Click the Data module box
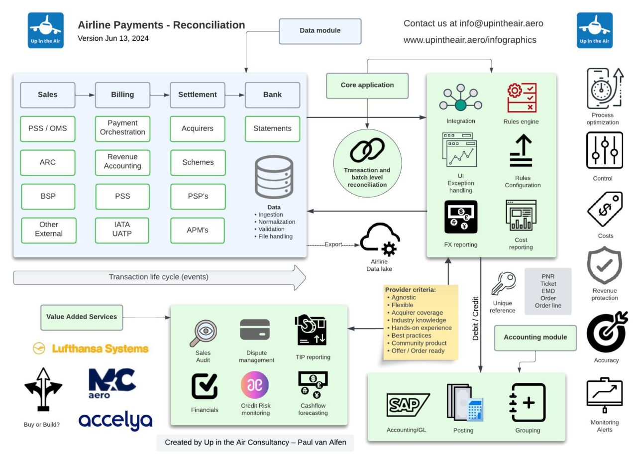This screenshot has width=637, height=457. click(319, 31)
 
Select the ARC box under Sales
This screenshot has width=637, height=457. click(48, 162)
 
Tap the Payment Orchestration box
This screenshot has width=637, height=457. click(122, 128)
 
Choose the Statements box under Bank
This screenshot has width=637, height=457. click(272, 128)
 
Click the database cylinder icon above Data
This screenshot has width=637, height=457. click(274, 177)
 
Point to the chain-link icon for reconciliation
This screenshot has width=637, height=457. click(367, 150)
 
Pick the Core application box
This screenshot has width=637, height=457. click(367, 85)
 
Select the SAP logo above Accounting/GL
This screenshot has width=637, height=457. click(408, 404)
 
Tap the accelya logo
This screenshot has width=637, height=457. click(115, 421)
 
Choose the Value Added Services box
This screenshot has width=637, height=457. click(82, 317)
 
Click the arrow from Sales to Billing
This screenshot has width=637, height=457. click(85, 95)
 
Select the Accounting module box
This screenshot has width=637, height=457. click(535, 338)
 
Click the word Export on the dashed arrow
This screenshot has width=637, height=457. click(333, 245)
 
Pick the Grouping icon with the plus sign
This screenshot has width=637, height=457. click(528, 403)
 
